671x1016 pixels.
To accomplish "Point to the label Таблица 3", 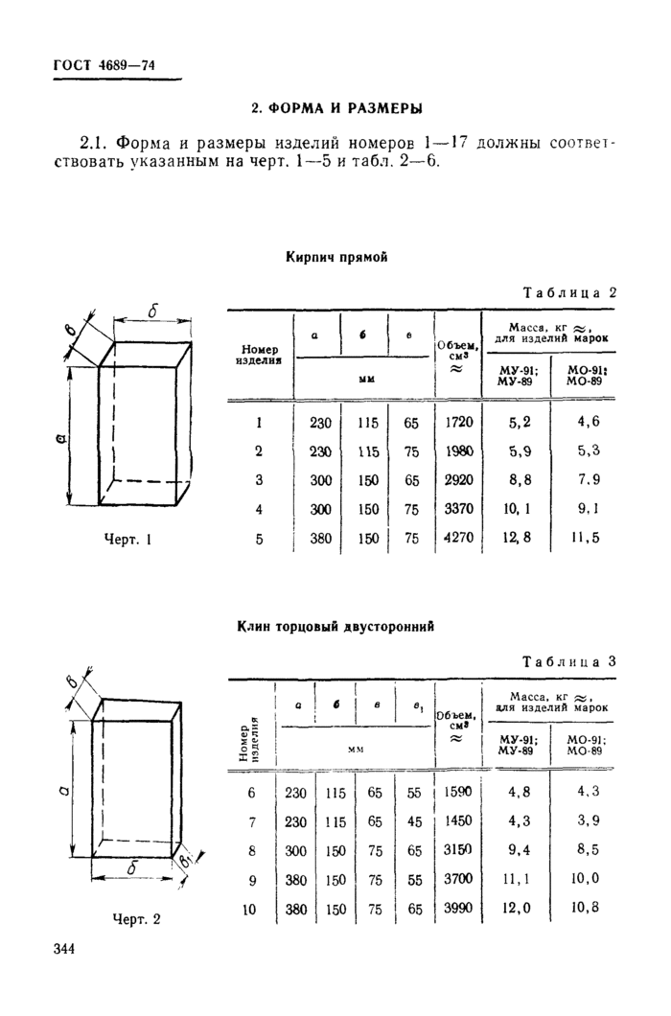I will (x=568, y=661).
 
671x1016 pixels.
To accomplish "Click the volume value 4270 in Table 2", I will (x=459, y=539).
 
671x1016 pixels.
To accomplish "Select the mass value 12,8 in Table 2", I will (x=515, y=539).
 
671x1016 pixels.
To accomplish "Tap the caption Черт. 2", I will (x=137, y=918).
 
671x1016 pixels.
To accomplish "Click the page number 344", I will (x=65, y=949).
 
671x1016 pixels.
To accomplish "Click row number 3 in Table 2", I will (x=259, y=480).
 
